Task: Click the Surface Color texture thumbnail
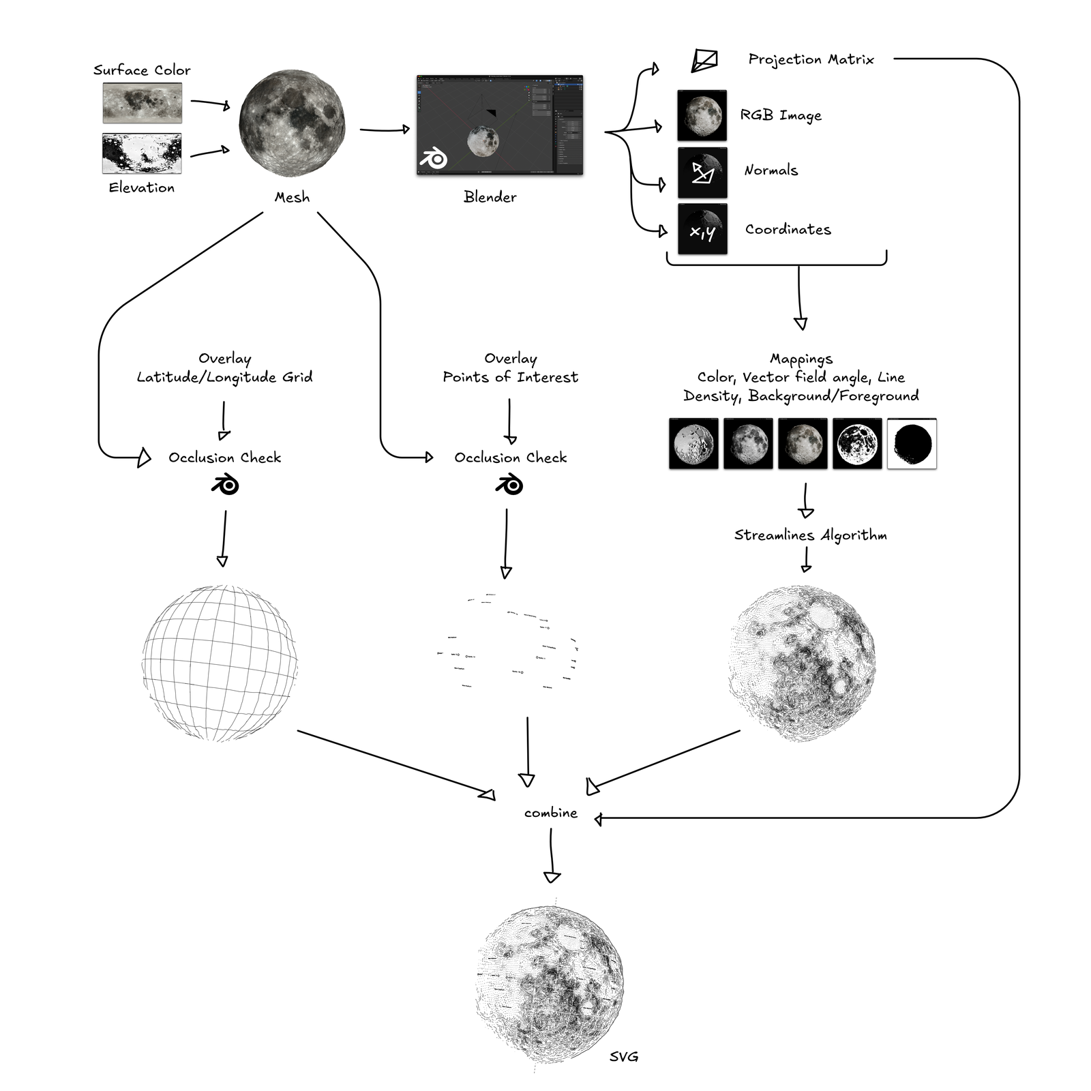pos(142,102)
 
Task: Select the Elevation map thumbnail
pos(142,153)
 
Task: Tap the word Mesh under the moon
pos(292,197)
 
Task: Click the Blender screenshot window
pos(499,125)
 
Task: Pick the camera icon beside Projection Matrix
pos(704,60)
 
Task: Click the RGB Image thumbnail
pos(702,115)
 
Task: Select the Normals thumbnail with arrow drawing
pos(702,172)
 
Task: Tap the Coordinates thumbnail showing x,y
pos(702,229)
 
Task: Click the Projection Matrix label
pos(811,59)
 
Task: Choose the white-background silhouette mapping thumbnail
pos(912,443)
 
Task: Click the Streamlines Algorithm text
pos(810,535)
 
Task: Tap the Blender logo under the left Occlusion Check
pos(224,485)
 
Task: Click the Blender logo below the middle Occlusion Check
pos(509,485)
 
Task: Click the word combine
pos(550,813)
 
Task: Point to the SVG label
pos(623,1056)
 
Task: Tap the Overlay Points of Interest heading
pos(510,368)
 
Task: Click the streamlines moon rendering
pos(803,663)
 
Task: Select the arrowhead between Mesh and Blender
pos(406,129)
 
